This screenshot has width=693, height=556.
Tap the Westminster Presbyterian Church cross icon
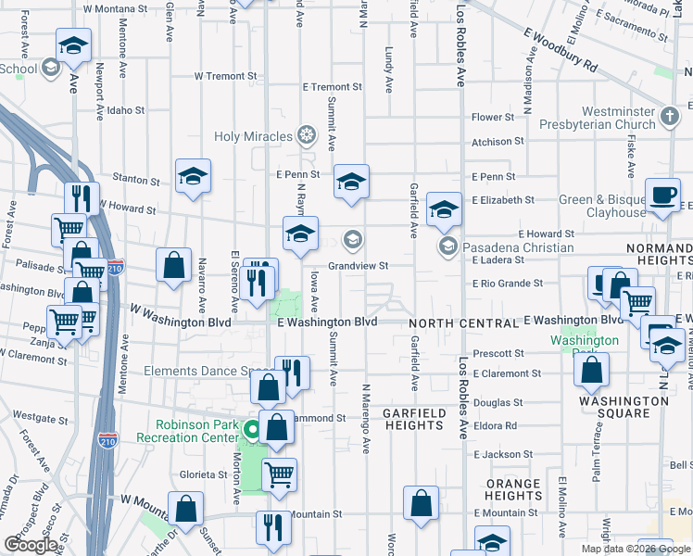670,118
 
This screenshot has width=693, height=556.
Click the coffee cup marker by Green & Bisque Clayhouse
661,196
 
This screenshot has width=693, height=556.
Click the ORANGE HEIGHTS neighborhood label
513,489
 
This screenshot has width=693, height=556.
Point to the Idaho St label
126,110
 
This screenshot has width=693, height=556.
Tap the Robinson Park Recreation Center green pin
252,430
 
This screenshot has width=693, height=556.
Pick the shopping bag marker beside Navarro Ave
173,266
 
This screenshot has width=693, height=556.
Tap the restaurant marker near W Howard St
82,198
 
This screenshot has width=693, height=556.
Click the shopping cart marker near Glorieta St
279,475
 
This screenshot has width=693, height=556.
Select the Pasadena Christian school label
519,247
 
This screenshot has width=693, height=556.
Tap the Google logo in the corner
31,545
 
